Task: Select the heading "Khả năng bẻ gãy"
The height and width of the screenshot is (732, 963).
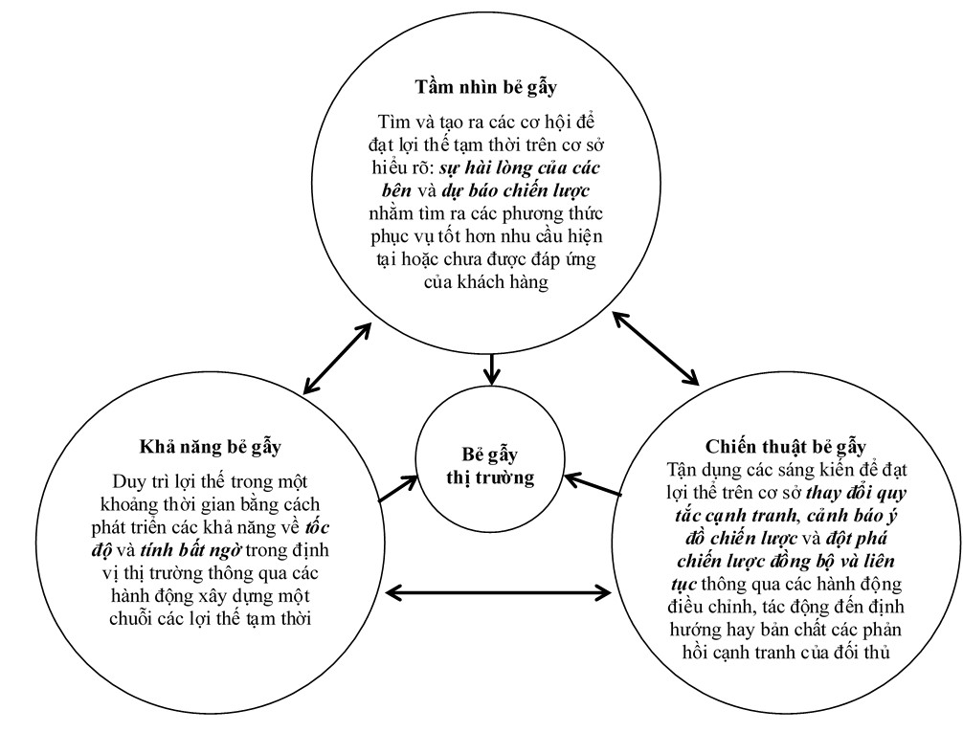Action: pyautogui.click(x=209, y=447)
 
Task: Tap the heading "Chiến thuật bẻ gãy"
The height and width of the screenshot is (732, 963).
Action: pyautogui.click(x=785, y=447)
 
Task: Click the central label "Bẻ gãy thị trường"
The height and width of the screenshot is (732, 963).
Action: pyautogui.click(x=491, y=465)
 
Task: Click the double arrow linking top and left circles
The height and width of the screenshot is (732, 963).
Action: pyautogui.click(x=335, y=358)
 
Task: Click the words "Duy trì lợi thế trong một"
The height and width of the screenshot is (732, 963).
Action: pyautogui.click(x=209, y=478)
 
